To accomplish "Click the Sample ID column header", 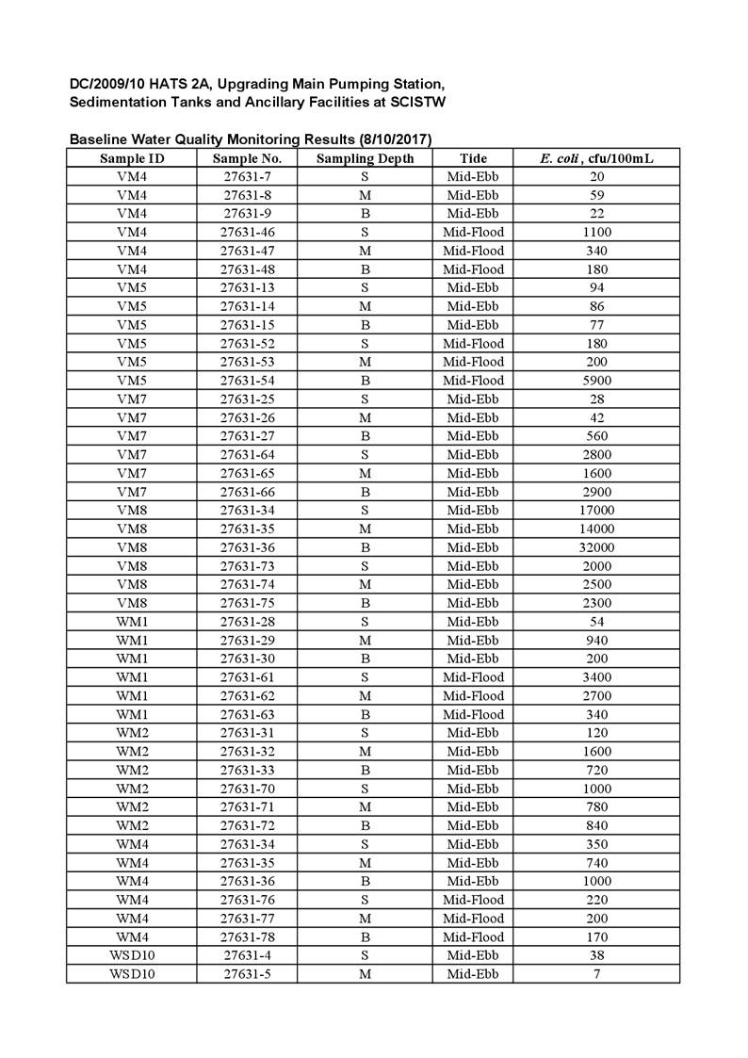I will point(132,158).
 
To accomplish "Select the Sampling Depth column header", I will point(365,158).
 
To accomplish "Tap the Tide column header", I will point(473,158).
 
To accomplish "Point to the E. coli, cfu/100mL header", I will point(596,158).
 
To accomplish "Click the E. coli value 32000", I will point(596,547).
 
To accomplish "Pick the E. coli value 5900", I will point(596,381).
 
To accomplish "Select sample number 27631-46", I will point(248,232).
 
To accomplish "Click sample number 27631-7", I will point(248,176).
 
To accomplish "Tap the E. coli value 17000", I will point(596,511).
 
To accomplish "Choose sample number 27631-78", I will point(248,936).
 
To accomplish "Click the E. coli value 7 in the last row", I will point(596,973).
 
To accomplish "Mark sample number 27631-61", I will point(248,677).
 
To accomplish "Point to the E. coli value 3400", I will point(596,677).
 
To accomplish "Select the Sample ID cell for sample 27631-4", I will point(132,955).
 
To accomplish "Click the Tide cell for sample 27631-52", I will point(473,343).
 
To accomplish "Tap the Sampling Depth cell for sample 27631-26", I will point(365,417).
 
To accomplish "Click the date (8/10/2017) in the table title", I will point(388,139).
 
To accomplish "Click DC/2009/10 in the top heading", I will point(106,84).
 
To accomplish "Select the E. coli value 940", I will point(596,640).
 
